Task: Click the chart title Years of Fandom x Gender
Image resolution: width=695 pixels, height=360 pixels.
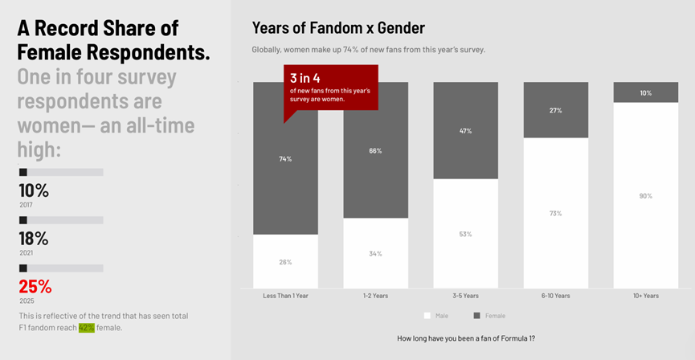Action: pos(338,28)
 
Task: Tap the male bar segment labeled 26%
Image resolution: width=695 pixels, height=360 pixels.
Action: pos(285,262)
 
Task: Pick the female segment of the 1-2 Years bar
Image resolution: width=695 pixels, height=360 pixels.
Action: pos(375,161)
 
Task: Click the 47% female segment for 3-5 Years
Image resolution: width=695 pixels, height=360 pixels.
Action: pos(465,130)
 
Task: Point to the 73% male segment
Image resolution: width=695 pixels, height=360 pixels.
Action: pos(555,213)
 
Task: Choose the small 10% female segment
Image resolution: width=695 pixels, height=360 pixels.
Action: pos(645,92)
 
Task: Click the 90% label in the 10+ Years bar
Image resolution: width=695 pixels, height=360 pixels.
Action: pos(645,196)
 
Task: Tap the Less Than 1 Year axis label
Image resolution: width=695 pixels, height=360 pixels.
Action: pos(285,296)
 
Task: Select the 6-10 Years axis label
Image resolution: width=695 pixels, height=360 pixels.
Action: pos(555,296)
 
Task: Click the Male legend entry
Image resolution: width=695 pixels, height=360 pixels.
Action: pos(437,316)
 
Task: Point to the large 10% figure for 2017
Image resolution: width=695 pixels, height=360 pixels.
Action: pos(34,190)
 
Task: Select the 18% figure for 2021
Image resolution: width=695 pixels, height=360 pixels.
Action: pos(34,239)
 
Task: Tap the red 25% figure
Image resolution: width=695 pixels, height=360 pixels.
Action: pos(35,286)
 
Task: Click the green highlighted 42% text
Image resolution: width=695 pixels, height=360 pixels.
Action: pos(86,328)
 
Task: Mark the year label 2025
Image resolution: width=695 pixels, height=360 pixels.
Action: pos(27,301)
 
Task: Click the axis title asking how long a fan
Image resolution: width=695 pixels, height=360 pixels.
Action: pos(466,338)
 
